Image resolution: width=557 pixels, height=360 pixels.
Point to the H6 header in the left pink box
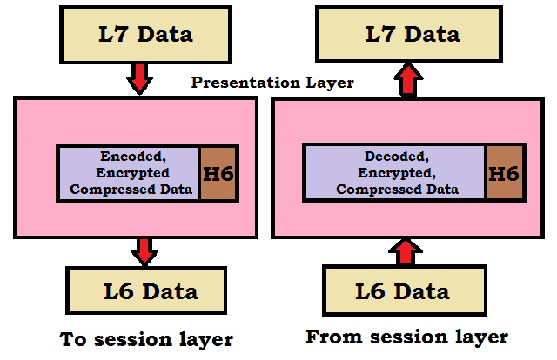pyautogui.click(x=218, y=174)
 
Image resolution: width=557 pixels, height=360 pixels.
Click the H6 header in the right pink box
pyautogui.click(x=502, y=173)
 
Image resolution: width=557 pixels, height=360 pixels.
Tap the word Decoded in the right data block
pyautogui.click(x=393, y=157)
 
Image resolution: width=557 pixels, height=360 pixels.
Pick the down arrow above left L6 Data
pyautogui.click(x=143, y=250)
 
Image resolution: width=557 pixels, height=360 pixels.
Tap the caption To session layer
pyautogui.click(x=146, y=338)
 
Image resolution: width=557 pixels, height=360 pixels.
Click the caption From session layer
pyautogui.click(x=406, y=336)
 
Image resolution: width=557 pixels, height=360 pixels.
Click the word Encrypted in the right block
pyautogui.click(x=393, y=173)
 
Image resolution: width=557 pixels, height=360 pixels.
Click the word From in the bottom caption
pyautogui.click(x=332, y=336)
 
